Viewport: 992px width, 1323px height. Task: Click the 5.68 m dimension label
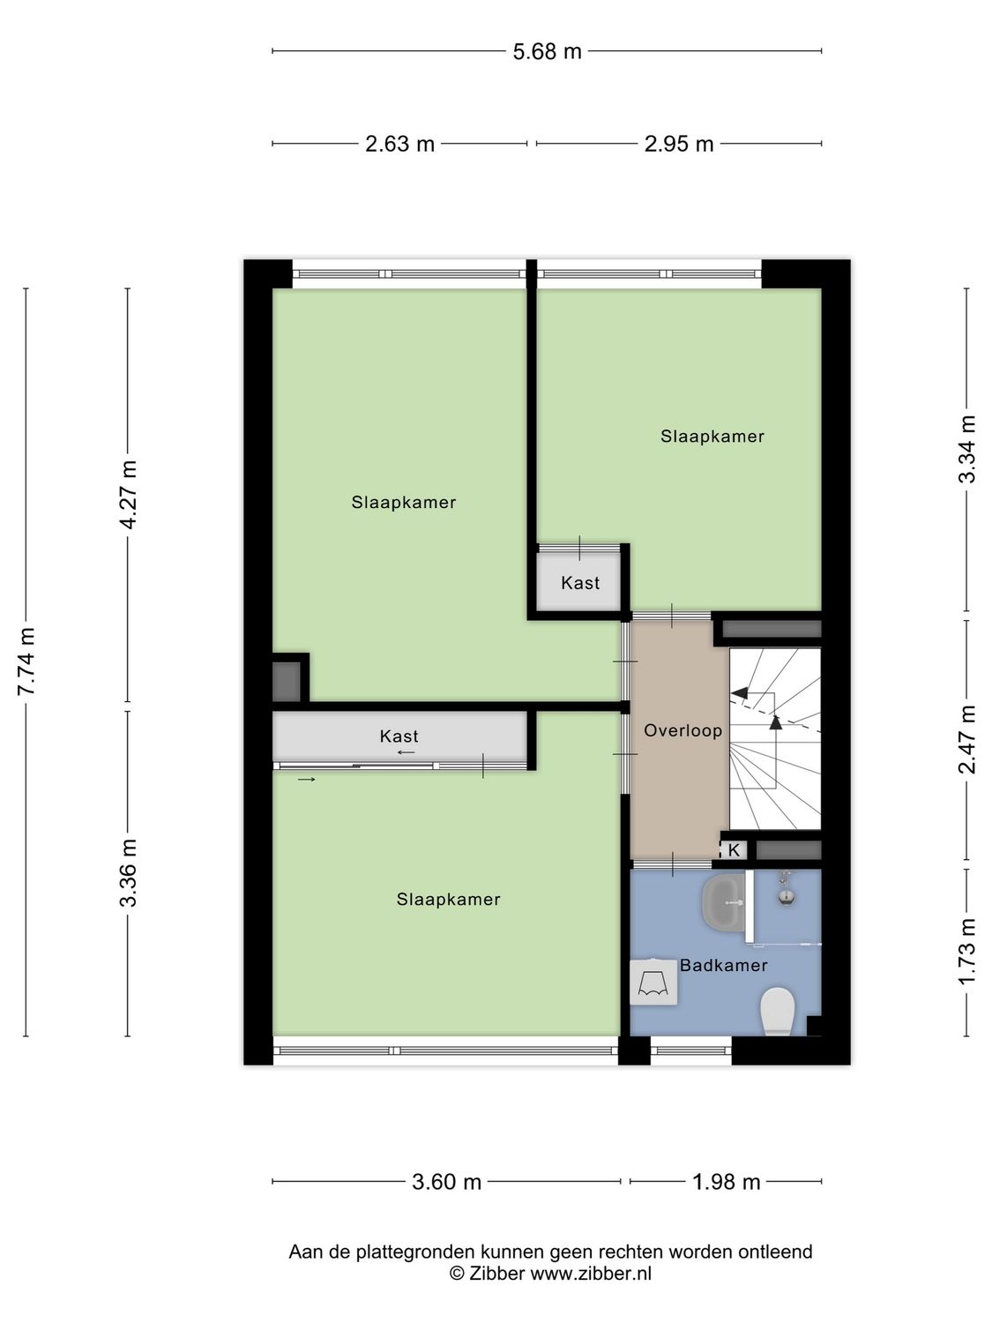[x=547, y=51]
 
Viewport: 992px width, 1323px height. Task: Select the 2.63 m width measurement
[x=399, y=144]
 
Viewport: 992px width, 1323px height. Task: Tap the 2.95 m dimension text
[x=678, y=144]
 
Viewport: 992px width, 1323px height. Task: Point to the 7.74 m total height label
[x=26, y=661]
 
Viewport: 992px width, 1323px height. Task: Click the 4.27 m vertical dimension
[x=129, y=495]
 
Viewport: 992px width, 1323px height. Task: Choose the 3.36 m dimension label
[x=129, y=872]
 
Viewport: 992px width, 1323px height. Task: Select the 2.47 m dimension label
[x=967, y=739]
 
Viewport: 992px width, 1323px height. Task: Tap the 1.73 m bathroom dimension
[x=967, y=952]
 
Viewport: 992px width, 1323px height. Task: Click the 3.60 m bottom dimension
[x=446, y=1182]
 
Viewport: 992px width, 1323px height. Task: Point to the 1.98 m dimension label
[x=726, y=1182]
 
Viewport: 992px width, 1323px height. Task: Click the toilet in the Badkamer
[x=778, y=1010]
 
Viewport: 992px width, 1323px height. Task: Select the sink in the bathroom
[x=724, y=902]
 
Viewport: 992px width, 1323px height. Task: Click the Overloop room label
[x=682, y=730]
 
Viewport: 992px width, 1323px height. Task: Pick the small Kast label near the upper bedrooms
[x=580, y=583]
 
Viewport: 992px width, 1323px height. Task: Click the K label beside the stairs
[x=734, y=850]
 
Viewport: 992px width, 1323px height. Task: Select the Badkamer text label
[x=723, y=966]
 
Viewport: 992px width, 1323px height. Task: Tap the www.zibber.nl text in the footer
[x=591, y=1273]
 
